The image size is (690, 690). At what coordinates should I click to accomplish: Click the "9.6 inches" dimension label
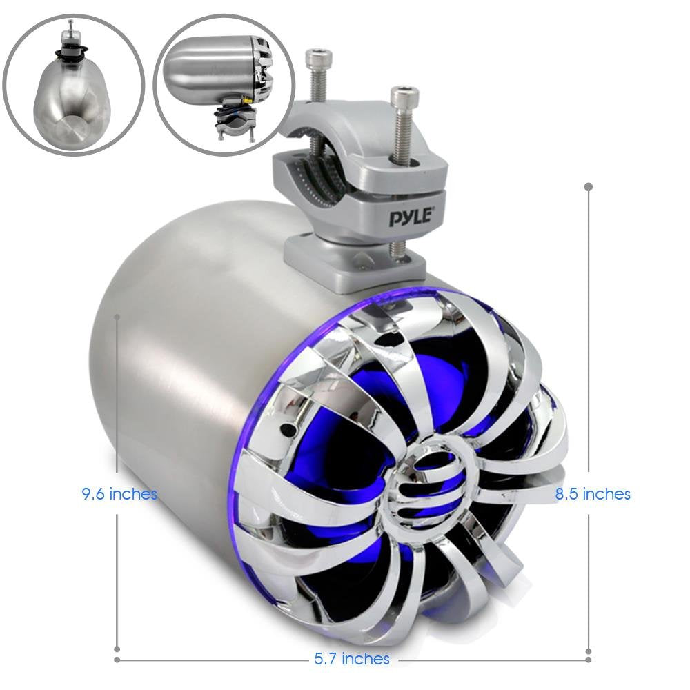pos(119,494)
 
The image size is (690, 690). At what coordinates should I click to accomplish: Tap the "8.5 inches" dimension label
pos(593,494)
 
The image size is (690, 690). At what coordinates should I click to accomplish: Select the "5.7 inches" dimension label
pos(353,659)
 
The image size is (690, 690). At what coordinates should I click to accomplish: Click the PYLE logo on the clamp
pos(411,217)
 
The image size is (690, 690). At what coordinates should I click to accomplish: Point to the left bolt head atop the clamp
pos(317,56)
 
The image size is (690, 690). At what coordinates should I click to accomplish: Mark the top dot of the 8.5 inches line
pos(588,186)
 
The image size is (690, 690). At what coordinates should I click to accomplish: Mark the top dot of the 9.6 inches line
pos(117,317)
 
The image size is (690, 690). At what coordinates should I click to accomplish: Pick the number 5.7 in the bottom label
pos(326,659)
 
